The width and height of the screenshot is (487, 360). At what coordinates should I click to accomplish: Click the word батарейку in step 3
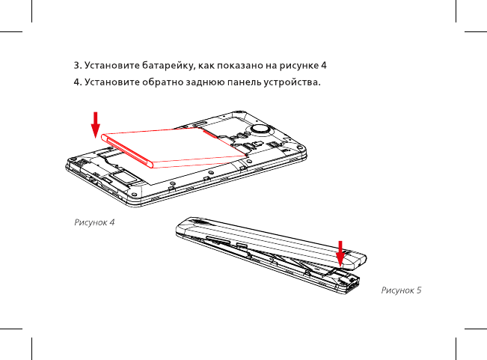(x=165, y=64)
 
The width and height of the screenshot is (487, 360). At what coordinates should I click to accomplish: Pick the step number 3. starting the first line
(x=76, y=64)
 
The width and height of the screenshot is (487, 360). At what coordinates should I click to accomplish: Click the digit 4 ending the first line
(x=325, y=64)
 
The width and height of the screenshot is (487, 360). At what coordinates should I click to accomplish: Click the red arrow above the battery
(x=96, y=123)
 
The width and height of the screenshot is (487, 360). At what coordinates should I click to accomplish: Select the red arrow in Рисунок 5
(x=341, y=253)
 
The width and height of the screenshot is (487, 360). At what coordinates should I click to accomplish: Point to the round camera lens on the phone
(x=260, y=129)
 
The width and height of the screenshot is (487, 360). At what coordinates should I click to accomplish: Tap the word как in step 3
(x=206, y=64)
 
